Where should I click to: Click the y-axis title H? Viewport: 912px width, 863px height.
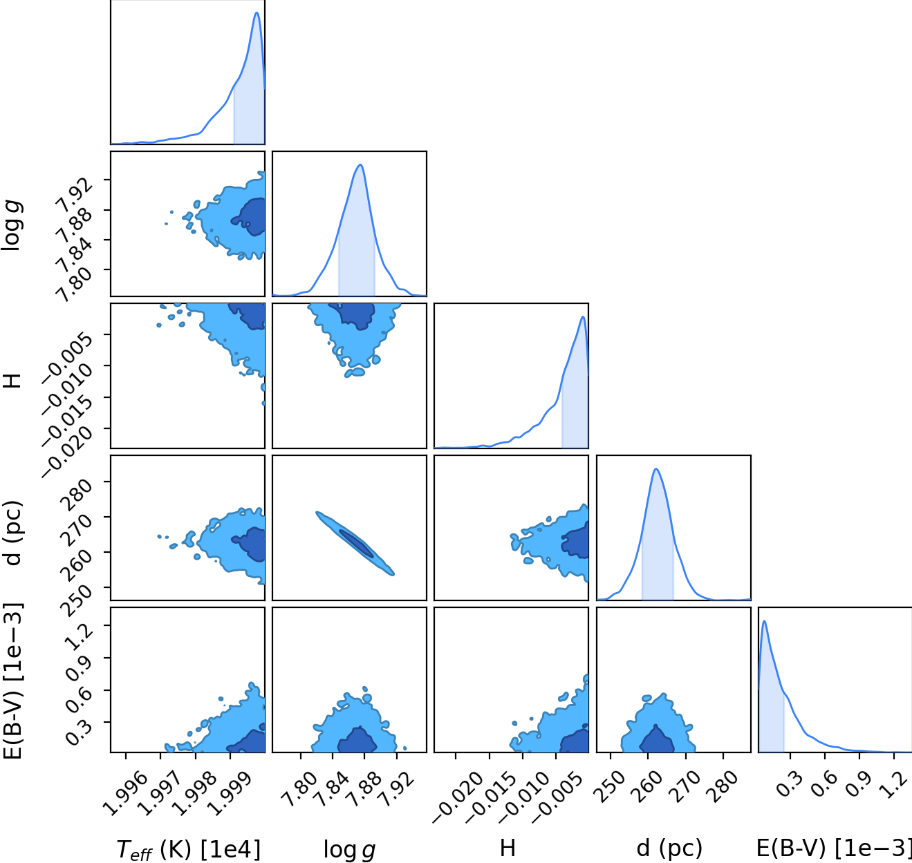(12, 381)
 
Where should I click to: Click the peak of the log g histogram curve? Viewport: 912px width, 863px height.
(360, 164)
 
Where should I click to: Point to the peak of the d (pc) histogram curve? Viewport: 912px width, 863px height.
(656, 469)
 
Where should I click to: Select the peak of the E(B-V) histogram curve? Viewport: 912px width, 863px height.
(764, 621)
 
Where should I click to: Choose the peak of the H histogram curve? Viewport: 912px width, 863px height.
(583, 316)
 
